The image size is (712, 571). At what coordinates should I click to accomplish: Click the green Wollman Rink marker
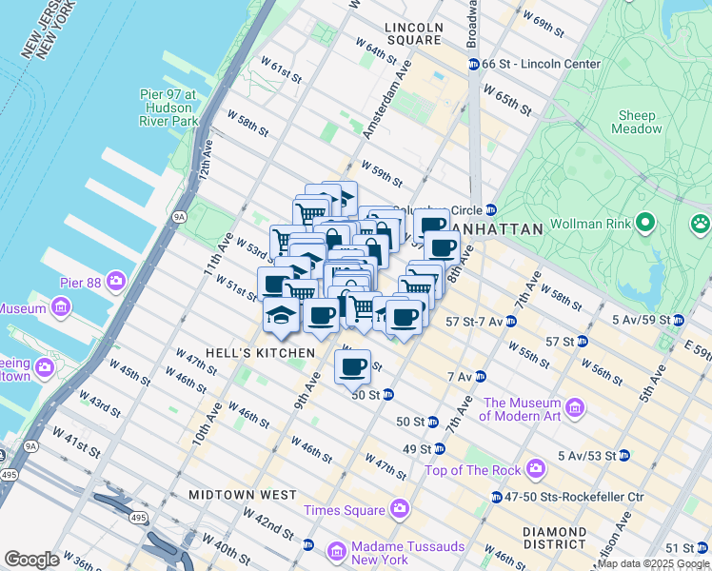tap(645, 224)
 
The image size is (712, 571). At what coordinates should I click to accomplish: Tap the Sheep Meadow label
tap(636, 122)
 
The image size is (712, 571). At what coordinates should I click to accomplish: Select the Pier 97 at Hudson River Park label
tap(168, 108)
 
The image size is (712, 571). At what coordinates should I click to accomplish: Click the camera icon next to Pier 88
tap(116, 281)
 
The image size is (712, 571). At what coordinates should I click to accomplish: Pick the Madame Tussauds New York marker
tap(335, 552)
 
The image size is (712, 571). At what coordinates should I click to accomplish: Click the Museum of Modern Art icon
tap(575, 408)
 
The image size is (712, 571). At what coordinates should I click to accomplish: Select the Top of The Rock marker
tap(536, 469)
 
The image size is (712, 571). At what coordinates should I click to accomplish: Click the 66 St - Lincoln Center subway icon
tap(472, 64)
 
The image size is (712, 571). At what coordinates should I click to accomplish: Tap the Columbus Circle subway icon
tap(490, 209)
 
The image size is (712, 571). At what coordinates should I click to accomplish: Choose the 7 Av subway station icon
tap(480, 377)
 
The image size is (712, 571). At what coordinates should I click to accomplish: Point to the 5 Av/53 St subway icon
tap(623, 455)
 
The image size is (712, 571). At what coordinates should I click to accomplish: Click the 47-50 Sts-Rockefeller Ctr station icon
tap(496, 497)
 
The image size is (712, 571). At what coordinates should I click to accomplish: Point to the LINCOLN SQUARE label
tap(413, 33)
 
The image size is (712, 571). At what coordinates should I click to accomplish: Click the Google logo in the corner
tap(32, 560)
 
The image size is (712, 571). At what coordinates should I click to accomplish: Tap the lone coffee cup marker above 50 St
tap(352, 365)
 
